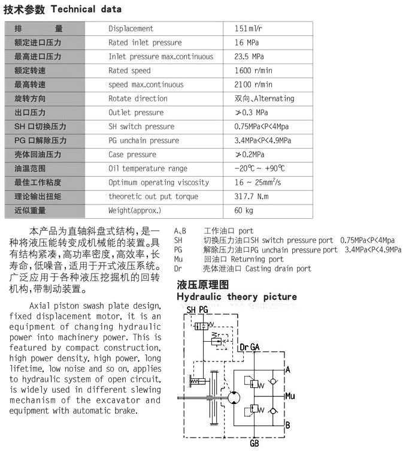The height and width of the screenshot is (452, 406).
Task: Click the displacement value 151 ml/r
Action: point(248,29)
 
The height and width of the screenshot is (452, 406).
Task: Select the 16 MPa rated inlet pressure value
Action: point(247,43)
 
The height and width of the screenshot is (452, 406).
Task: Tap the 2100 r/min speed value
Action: point(253,85)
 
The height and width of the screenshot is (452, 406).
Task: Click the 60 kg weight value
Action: point(244,210)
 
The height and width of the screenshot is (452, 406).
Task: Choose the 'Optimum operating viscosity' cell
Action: point(158,182)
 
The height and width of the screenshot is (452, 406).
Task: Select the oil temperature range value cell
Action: point(259,168)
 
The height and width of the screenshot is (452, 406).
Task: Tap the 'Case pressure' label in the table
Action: point(132,155)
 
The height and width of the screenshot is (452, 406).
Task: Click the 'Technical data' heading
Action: point(86,9)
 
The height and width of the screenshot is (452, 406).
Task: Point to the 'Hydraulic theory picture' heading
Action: point(236,297)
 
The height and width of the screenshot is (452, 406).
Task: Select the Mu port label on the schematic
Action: point(290,396)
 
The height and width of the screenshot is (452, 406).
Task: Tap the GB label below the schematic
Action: point(254,444)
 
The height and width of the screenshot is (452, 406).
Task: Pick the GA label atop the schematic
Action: point(255,347)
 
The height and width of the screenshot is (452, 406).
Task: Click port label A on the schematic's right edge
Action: point(288,370)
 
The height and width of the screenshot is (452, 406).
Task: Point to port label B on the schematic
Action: point(288,425)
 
